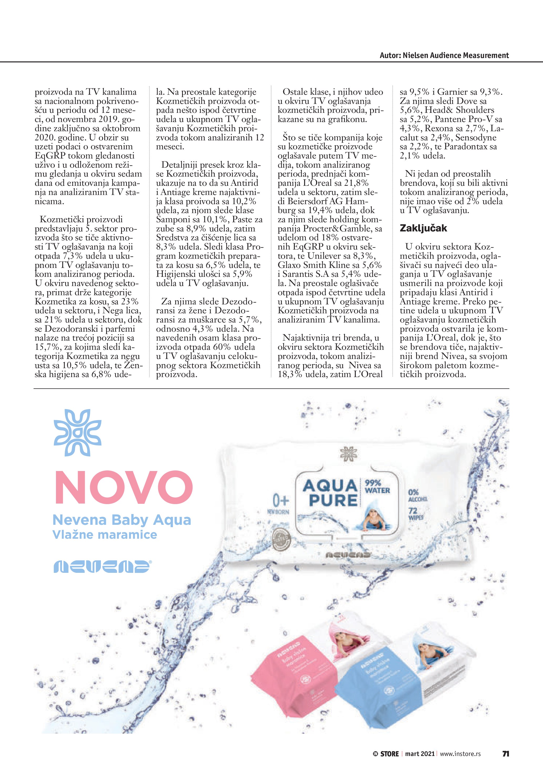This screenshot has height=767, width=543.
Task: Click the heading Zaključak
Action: pos(423,229)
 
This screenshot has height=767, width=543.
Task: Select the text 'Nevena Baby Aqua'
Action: pos(122,520)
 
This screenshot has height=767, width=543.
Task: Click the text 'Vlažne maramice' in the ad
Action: pos(105,535)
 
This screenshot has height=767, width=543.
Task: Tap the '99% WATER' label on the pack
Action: pos(377,487)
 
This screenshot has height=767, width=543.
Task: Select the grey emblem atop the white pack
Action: pos(348,454)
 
